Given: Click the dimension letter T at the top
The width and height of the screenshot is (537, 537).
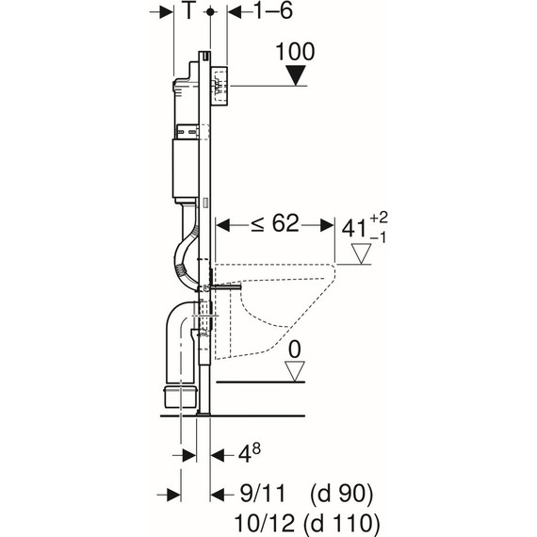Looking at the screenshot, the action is click(x=188, y=10).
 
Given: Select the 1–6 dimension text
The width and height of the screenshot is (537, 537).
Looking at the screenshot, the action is click(x=273, y=10).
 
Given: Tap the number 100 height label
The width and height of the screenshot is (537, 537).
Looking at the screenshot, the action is click(x=295, y=52).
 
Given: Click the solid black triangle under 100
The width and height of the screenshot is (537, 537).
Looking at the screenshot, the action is click(x=295, y=76).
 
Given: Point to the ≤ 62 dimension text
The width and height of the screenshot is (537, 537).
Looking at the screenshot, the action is click(x=275, y=223).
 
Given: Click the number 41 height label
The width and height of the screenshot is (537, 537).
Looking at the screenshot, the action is click(x=354, y=228).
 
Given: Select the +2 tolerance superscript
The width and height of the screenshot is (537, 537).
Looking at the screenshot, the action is click(x=379, y=218).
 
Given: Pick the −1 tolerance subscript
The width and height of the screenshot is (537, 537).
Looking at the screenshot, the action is click(x=378, y=237).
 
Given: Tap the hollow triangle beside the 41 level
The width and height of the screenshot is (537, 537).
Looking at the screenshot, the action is click(x=362, y=253).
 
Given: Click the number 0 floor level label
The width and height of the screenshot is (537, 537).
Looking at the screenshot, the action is click(x=295, y=350).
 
